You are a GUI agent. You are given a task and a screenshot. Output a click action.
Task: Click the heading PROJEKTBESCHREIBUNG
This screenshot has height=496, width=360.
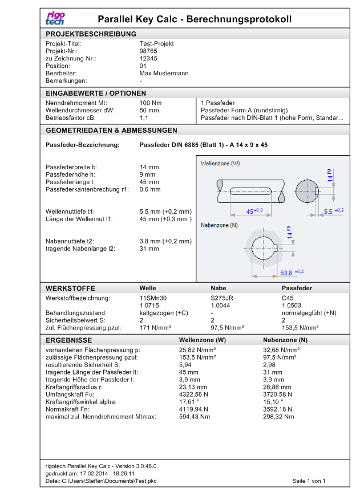tap(91, 34)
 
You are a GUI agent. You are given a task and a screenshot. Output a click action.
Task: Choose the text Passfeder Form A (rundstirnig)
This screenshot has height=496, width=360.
tap(244, 110)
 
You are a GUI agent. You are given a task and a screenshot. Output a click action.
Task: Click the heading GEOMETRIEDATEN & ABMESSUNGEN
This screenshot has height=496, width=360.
tap(111, 130)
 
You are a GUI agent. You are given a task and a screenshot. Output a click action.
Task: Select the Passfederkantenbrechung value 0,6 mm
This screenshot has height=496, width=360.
tap(150, 189)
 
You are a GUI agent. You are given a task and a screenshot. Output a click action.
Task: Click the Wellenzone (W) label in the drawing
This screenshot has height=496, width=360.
tap(220, 164)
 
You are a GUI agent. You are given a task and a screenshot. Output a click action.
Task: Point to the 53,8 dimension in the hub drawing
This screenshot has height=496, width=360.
tap(286, 273)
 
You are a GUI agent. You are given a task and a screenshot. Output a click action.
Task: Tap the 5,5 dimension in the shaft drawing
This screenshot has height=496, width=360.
tap(329, 212)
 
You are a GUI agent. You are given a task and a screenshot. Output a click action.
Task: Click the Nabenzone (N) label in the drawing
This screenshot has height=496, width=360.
tap(219, 225)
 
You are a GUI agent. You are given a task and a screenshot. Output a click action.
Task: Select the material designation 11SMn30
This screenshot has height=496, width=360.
tap(153, 298)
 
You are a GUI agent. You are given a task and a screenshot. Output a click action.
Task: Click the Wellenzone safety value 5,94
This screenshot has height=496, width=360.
tap(185, 364)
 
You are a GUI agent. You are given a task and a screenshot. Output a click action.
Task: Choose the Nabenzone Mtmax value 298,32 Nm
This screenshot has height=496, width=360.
tap(278, 417)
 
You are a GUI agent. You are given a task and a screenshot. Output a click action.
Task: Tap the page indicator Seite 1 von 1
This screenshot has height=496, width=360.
tap(309, 481)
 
